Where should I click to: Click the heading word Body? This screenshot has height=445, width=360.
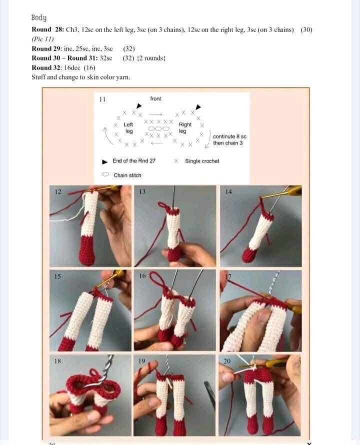(x=39, y=18)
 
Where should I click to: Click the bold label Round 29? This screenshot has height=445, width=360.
(x=45, y=49)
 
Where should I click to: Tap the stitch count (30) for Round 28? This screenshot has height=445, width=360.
(x=306, y=30)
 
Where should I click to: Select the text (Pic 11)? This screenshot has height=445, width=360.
(x=42, y=39)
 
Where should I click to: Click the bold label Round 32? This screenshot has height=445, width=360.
(x=45, y=68)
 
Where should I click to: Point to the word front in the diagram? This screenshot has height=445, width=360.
(x=155, y=99)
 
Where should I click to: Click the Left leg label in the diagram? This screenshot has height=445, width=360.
(x=128, y=128)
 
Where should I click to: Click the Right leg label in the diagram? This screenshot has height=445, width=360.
(x=184, y=128)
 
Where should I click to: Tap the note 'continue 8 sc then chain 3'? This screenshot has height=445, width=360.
(x=229, y=139)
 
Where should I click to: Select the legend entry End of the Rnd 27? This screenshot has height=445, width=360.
(x=133, y=161)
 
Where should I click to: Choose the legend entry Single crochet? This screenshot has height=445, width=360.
(x=201, y=161)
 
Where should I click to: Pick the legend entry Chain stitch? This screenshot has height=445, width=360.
(x=127, y=175)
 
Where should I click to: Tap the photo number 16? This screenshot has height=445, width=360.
(x=142, y=275)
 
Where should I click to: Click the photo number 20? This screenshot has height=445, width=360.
(x=227, y=360)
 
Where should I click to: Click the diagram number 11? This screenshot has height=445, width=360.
(x=102, y=99)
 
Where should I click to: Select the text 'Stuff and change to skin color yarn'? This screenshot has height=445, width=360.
(x=80, y=77)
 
